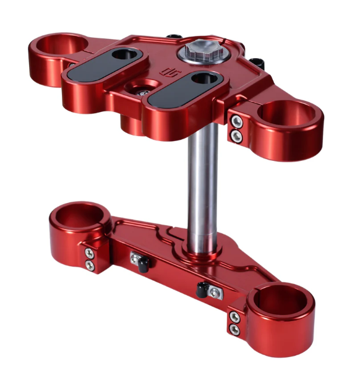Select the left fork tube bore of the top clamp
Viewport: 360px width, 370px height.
(x=58, y=46)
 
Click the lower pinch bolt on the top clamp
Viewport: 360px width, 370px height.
(x=235, y=134)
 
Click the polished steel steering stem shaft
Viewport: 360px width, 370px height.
(x=202, y=186)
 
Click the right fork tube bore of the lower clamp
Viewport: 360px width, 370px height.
(x=280, y=301)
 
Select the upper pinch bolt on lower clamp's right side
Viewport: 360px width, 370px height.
(x=234, y=316)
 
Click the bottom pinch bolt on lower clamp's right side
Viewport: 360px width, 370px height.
(x=234, y=330)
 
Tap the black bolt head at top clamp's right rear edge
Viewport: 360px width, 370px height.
(x=257, y=62)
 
